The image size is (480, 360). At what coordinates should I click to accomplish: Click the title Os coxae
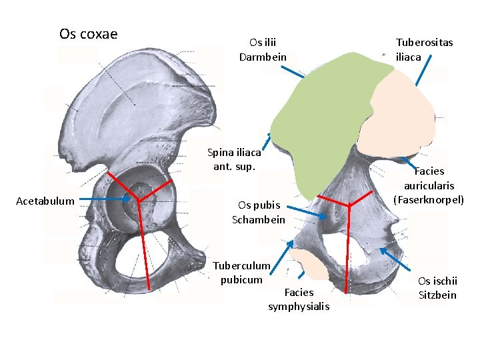coord(88,34)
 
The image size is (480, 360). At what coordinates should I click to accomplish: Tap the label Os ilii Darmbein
coord(263,49)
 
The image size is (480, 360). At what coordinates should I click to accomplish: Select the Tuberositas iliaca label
coord(424,49)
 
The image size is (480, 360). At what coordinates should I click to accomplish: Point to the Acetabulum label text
coord(45,201)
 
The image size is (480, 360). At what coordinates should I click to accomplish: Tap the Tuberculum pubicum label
coord(241,272)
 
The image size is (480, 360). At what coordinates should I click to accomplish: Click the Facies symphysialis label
coord(299,299)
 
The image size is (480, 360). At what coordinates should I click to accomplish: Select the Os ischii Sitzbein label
coord(437,288)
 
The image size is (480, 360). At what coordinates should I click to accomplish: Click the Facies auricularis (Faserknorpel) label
coord(429,185)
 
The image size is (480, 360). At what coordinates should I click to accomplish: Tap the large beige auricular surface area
coord(400,110)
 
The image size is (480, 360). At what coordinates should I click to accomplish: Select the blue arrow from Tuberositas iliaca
coord(423,71)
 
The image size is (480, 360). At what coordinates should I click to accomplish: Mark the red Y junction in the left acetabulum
coord(139,199)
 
